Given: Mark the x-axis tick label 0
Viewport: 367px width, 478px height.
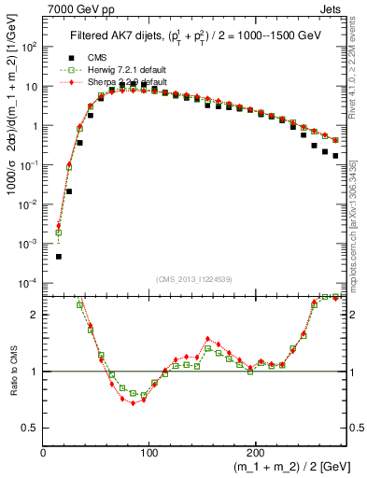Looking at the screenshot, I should [x=44, y=453].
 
